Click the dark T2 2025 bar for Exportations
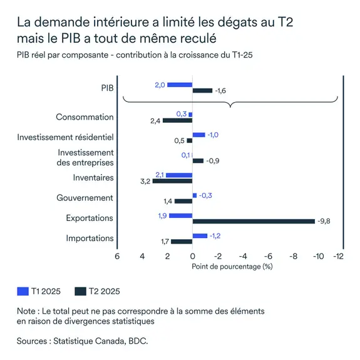(x=254, y=221)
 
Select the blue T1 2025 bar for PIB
(x=180, y=85)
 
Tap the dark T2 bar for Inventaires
(x=172, y=181)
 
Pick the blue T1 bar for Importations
(x=200, y=235)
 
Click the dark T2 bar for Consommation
(x=177, y=120)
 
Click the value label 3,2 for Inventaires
(x=145, y=182)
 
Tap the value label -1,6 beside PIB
(x=221, y=91)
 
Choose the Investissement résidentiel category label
(x=65, y=137)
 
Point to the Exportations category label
(x=90, y=218)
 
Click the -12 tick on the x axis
(x=339, y=256)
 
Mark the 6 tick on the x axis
(x=117, y=256)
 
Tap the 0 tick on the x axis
(x=192, y=256)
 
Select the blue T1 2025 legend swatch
(x=23, y=291)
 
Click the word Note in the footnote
(x=28, y=311)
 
